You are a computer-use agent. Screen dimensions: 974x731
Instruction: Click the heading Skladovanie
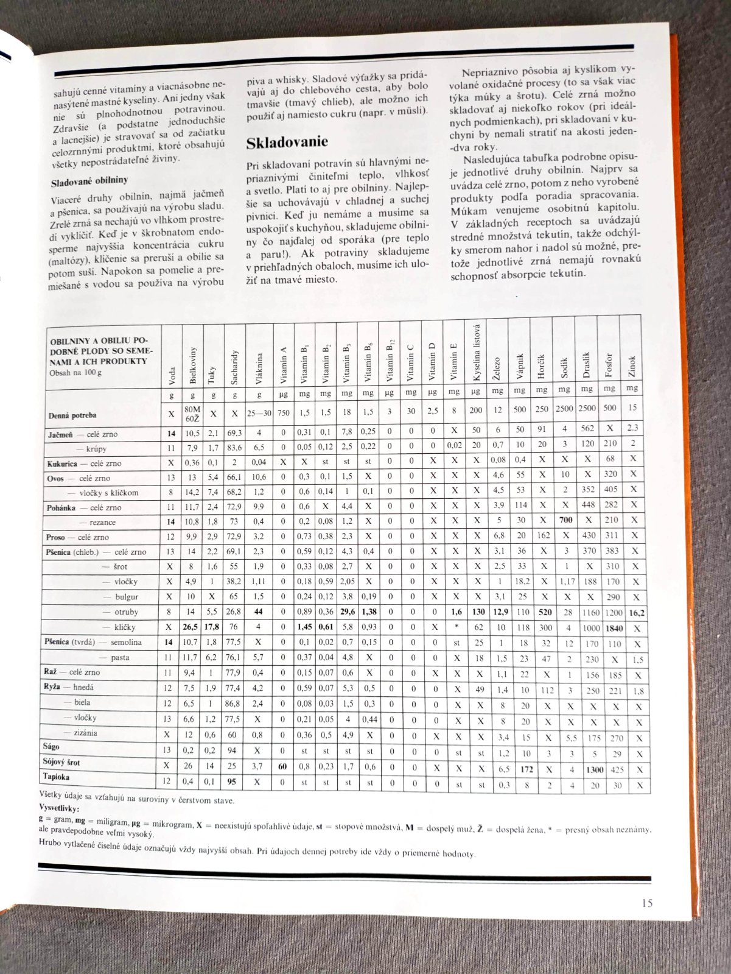coord(287,143)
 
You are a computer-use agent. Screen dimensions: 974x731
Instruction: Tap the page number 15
coord(646,903)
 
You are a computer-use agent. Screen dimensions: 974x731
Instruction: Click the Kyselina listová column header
coord(477,354)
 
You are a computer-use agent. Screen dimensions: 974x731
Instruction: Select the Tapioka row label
coord(57,777)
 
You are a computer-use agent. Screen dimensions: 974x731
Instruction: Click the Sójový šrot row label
coord(61,762)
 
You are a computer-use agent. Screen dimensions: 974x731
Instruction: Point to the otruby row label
coord(126,612)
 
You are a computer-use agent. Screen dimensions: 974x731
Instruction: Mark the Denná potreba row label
coord(72,416)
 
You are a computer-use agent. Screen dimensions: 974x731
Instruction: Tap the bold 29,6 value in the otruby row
coord(348,613)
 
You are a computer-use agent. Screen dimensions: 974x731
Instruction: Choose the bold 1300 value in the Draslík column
coord(588,769)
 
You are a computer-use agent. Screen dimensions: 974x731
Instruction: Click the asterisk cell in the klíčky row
coord(455,627)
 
